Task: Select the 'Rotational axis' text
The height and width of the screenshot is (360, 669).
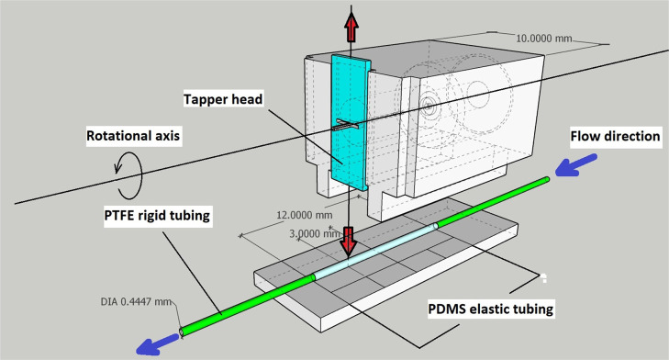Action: point(135,136)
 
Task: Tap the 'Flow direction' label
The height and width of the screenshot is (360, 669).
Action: point(615,137)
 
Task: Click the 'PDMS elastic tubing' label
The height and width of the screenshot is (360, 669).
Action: point(491,309)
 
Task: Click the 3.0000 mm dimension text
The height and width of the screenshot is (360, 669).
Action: point(313,233)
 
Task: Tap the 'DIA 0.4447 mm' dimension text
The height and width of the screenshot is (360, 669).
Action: point(136,298)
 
